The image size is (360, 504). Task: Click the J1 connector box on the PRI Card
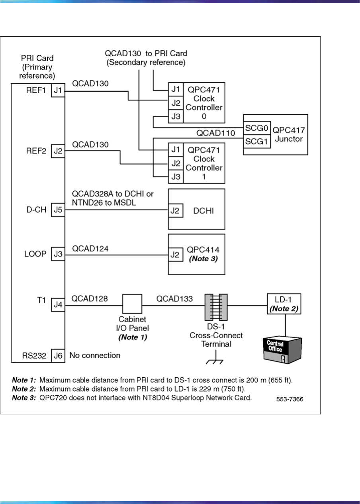coord(57,91)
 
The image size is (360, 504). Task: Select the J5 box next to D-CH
coord(57,211)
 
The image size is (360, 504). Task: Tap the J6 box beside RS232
coord(57,355)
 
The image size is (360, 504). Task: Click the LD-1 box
coord(284,303)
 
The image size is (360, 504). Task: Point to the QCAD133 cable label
coord(174,298)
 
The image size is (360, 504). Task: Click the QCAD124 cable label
coord(90,249)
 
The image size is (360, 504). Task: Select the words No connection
coord(95,355)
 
